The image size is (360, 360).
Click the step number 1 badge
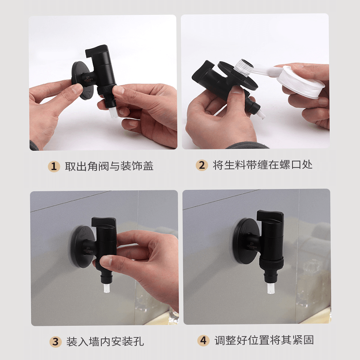click(x=54, y=166)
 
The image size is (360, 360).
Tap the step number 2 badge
click(x=202, y=165)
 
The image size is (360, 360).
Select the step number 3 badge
click(x=55, y=342)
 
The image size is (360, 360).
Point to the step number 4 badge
click(x=203, y=340)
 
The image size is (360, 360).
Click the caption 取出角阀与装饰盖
click(x=109, y=166)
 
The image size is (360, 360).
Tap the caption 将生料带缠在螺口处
click(x=262, y=165)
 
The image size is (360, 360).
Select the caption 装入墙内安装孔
click(x=105, y=342)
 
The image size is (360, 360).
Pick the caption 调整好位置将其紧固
click(x=264, y=340)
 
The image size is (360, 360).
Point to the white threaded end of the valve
click(x=244, y=67)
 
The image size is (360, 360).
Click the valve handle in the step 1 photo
click(x=97, y=51)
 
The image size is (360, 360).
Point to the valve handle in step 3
click(x=104, y=222)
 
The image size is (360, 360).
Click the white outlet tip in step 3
click(x=107, y=288)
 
